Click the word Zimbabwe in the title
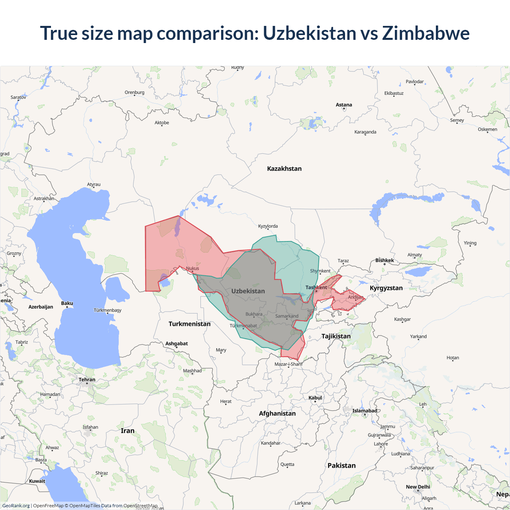[426, 33]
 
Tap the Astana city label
[344, 105]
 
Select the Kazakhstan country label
[284, 169]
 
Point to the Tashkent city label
[316, 287]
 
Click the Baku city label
[67, 303]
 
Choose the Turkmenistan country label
[189, 324]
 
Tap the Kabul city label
[315, 398]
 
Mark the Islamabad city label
[364, 411]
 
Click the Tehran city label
[87, 380]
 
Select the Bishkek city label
[384, 260]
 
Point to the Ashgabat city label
[177, 343]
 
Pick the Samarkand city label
[286, 316]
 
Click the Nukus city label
[192, 269]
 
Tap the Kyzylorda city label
[268, 226]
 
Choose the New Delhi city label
[418, 487]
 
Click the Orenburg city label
[134, 92]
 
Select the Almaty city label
[414, 255]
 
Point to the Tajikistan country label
[336, 336]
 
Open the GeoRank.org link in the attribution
[16, 506]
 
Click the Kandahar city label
[271, 443]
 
